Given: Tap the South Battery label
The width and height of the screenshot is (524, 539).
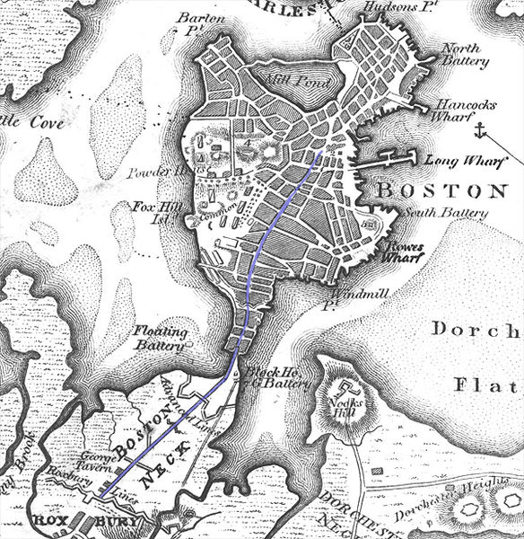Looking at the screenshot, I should click(446, 213).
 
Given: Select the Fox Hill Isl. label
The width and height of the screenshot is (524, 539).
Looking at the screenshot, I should click(153, 210).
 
